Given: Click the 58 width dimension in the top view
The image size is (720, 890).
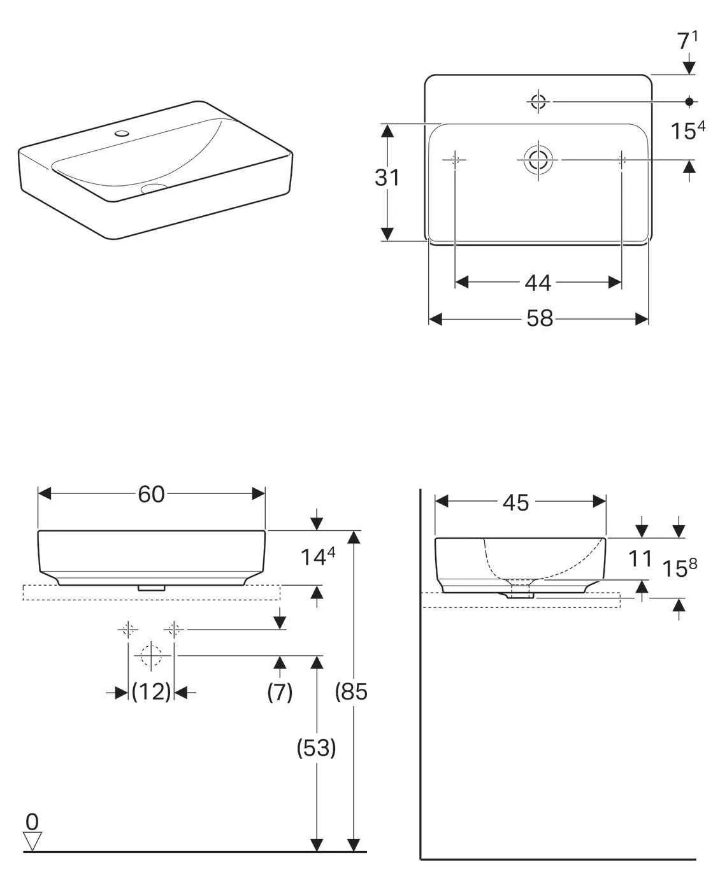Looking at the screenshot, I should coord(539,318).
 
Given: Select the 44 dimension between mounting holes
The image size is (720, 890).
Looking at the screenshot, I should coord(537,283).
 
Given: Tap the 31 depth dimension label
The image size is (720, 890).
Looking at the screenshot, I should coord(387,178).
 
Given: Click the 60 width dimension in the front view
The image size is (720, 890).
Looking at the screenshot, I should coord(151,494).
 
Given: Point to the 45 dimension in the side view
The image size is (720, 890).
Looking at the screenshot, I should coord(515,502).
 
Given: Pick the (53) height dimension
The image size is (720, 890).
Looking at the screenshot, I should coord(317,747).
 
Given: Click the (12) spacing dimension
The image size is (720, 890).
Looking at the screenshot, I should coord(152,691).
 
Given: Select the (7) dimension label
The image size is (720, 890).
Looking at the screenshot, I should coord(280,691).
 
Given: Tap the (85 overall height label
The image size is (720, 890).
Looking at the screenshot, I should coord(352,691).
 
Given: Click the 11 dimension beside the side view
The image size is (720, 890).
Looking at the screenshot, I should coord(640,558).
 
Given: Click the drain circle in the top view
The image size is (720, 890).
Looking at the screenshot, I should coord(538,159).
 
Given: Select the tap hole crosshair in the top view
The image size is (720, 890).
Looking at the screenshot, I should coord(538,101).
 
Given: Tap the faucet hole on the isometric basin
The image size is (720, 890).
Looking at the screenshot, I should coord(121,134).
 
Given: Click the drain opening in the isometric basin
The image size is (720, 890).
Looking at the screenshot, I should coord(153,188).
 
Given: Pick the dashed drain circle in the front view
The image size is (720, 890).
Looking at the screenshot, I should coord(151,655).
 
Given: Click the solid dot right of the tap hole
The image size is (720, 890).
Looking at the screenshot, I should coord(689,101).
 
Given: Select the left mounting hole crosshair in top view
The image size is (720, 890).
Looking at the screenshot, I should coord(455,159).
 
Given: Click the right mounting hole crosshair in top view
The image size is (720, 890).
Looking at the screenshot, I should coord(622,159).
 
